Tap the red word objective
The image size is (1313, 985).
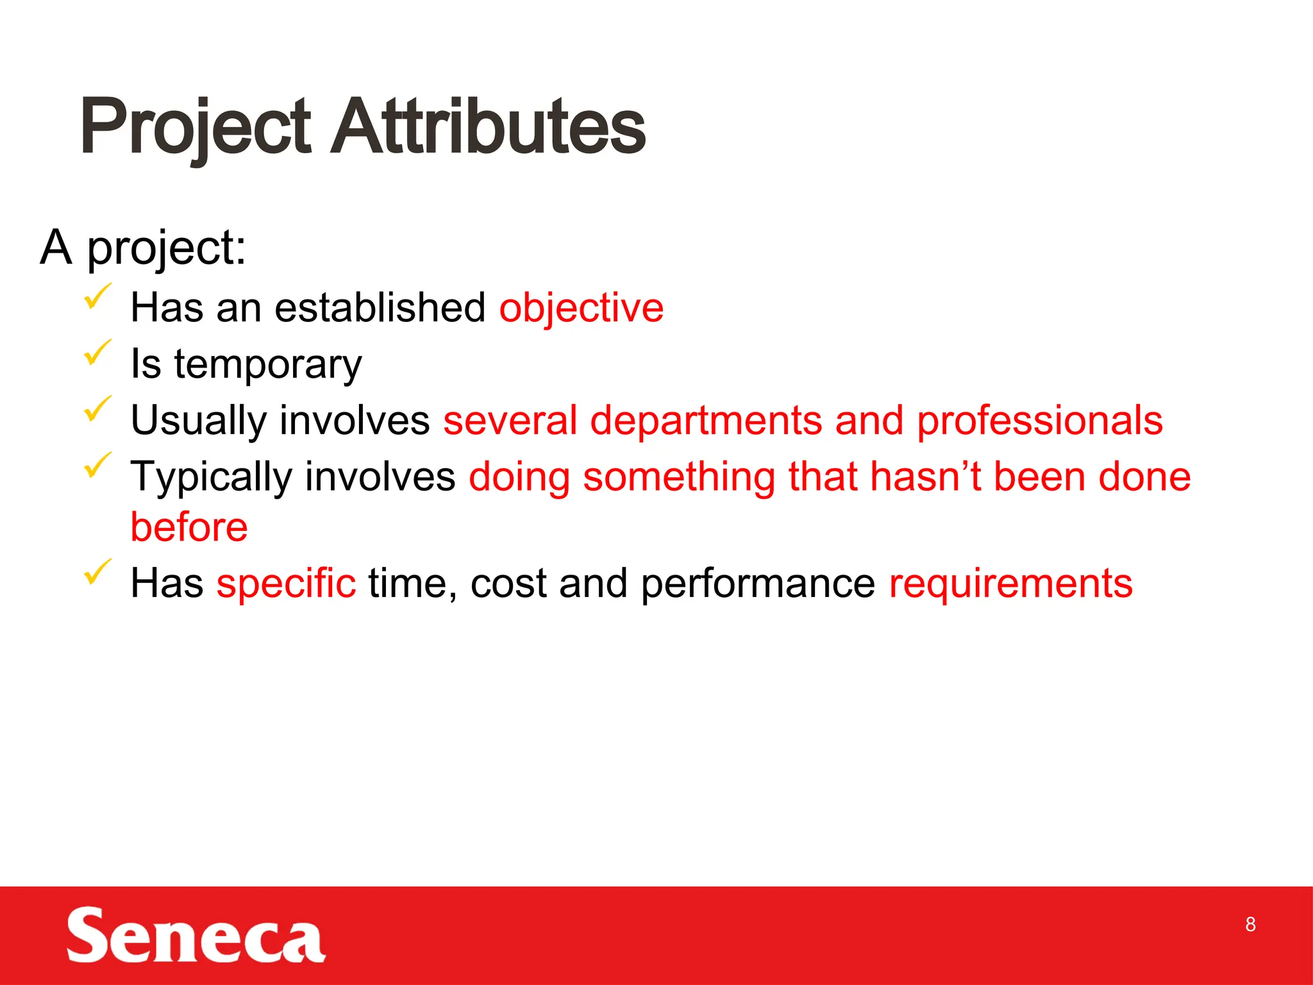(581, 308)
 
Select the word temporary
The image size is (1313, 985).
(268, 365)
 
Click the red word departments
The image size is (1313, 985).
(706, 421)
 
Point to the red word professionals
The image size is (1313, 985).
(1039, 421)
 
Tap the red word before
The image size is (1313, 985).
(189, 528)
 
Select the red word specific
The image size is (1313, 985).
(286, 584)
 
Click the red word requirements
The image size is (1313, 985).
(1010, 584)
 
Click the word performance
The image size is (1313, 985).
(758, 584)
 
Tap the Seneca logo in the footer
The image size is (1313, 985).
(196, 936)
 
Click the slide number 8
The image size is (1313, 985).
(1250, 924)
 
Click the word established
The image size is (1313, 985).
(380, 308)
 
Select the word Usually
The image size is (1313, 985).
(198, 421)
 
